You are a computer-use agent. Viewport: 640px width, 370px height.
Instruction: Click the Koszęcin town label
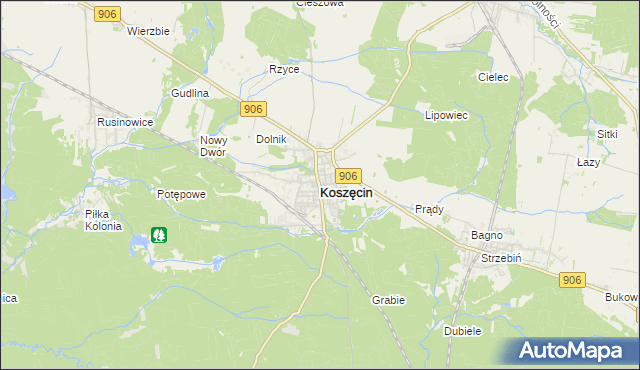[x=347, y=193]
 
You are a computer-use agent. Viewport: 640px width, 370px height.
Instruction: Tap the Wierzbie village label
[x=148, y=31]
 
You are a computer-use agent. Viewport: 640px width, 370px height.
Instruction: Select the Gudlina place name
[x=189, y=93]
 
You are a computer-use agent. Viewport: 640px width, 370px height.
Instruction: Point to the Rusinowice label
[x=124, y=121]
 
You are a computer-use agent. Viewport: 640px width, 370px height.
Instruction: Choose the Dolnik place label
[x=272, y=140]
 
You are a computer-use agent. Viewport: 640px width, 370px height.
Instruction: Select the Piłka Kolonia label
[x=131, y=220]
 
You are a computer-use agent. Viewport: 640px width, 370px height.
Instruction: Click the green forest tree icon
[x=159, y=235]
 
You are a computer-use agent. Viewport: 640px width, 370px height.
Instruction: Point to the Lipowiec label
[x=447, y=115]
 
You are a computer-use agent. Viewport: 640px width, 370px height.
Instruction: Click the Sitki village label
[x=606, y=134]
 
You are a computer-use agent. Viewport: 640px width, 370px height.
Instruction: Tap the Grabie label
[x=388, y=300]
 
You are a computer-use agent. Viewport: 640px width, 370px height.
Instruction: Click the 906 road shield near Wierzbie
[x=108, y=13]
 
